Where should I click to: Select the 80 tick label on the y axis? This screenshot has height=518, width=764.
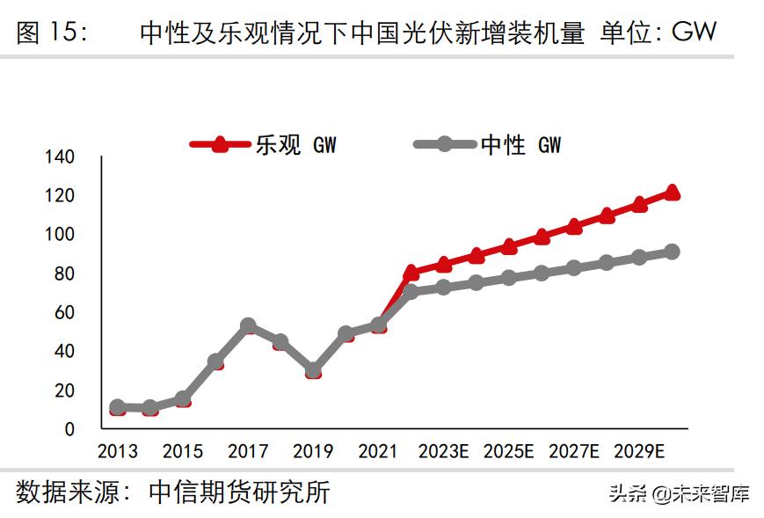click(66, 274)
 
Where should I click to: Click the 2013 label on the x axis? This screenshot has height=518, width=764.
click(117, 452)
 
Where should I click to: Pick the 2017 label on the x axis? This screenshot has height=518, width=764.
click(248, 452)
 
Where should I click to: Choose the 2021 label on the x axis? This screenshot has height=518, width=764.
click(378, 452)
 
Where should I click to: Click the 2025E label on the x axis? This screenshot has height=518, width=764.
click(509, 452)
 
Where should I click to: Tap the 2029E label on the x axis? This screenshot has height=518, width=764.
click(639, 452)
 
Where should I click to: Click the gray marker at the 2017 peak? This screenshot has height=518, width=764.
click(248, 326)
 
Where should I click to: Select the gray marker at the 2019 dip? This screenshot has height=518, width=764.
click(313, 370)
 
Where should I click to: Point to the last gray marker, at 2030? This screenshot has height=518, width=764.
click(672, 252)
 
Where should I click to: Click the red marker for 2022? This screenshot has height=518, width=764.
click(411, 273)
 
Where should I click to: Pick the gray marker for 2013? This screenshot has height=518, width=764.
click(117, 407)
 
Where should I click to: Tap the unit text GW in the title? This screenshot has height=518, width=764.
click(694, 33)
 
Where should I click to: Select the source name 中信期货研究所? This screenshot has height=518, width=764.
click(239, 492)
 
